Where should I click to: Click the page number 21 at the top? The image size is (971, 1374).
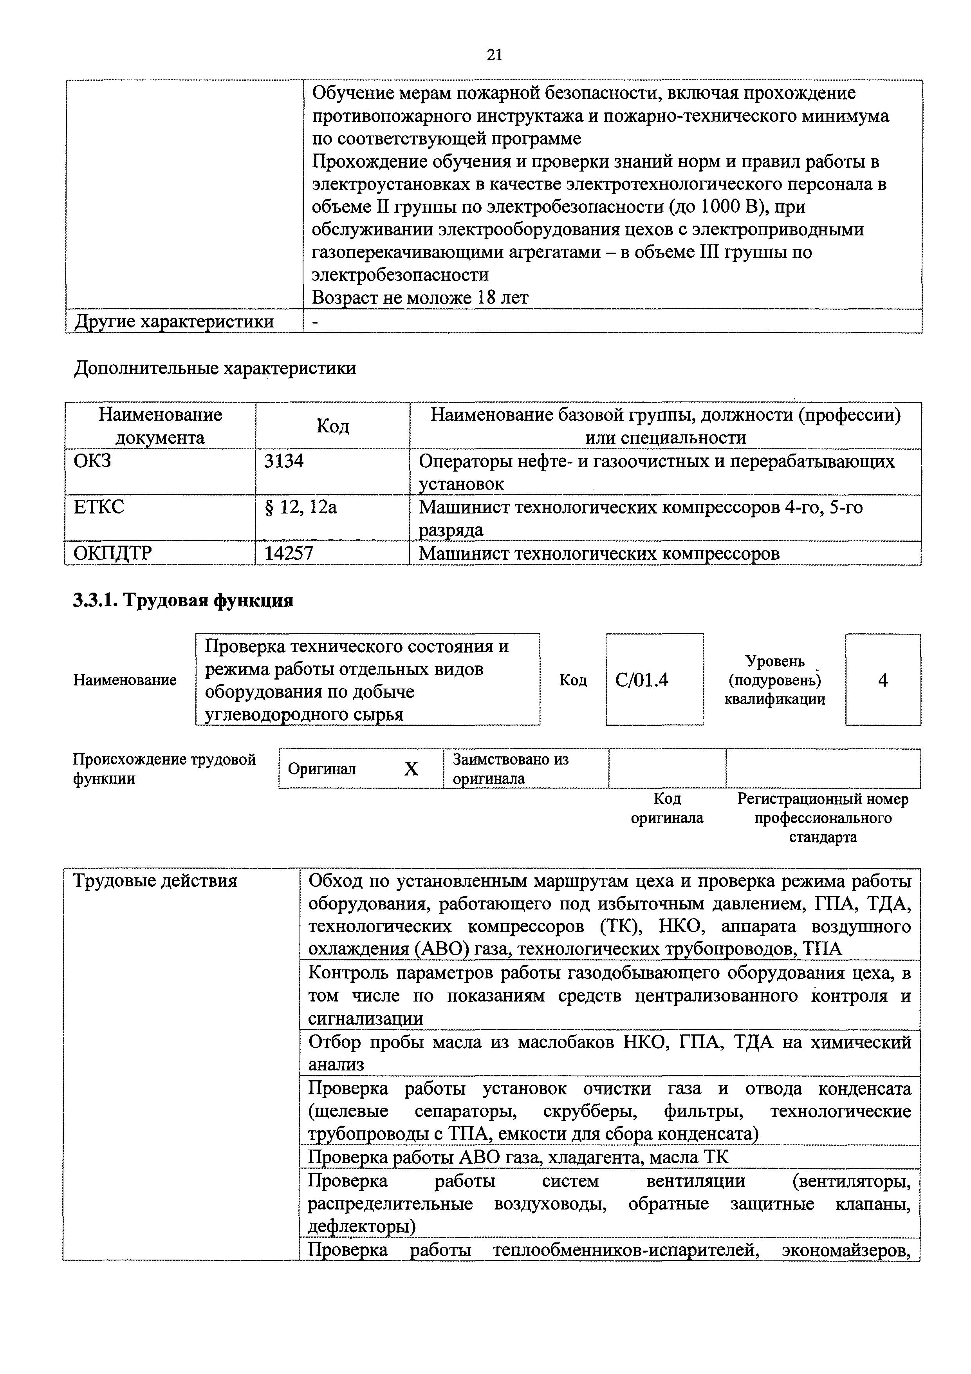(494, 55)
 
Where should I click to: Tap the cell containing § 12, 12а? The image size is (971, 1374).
(301, 508)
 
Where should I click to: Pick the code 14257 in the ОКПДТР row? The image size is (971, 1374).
(289, 553)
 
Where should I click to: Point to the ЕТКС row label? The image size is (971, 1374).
(99, 508)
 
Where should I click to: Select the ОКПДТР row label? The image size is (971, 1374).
(112, 553)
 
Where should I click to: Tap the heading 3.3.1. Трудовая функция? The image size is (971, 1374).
(183, 600)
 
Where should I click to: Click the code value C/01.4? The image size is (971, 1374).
(641, 680)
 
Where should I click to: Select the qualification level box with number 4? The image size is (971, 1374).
(883, 680)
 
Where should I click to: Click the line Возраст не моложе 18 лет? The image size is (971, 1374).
(420, 297)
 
